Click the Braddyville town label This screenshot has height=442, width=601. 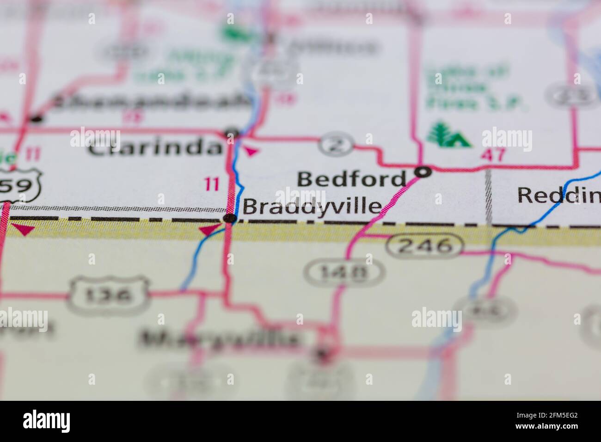313,206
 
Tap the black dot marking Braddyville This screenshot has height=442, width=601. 230,218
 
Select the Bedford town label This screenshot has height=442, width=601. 351,179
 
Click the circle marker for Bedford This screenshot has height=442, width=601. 423,172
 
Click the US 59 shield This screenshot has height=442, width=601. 21,186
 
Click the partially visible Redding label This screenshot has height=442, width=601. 558,195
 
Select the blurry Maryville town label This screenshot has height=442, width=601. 219,339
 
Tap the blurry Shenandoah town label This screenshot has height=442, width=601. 150,102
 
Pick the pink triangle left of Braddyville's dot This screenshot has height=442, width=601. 209,229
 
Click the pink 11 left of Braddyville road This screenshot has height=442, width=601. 212,185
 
